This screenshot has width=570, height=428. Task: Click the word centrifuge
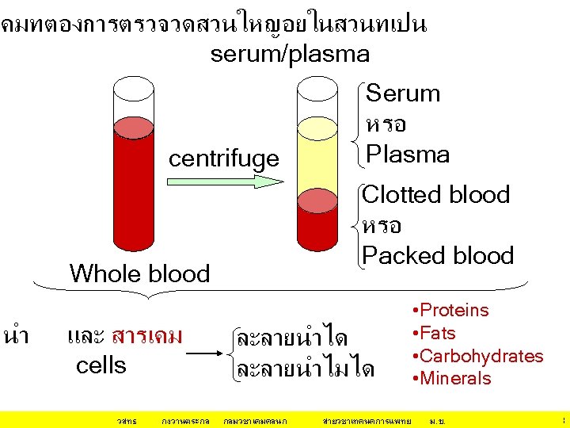pyautogui.click(x=224, y=159)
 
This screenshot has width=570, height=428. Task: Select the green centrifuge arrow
pyautogui.click(x=225, y=182)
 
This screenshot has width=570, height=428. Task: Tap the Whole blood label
pyautogui.click(x=139, y=273)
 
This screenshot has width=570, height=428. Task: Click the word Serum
pyautogui.click(x=403, y=94)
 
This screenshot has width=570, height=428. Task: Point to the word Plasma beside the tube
pyautogui.click(x=408, y=154)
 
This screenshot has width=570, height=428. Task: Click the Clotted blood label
pyautogui.click(x=436, y=194)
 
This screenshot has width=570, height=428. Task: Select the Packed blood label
pyautogui.click(x=438, y=255)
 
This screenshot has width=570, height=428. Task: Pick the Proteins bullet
pyautogui.click(x=450, y=310)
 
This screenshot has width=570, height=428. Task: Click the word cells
pyautogui.click(x=101, y=365)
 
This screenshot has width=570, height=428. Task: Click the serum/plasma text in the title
pyautogui.click(x=290, y=54)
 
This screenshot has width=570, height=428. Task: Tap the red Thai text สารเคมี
pyautogui.click(x=147, y=336)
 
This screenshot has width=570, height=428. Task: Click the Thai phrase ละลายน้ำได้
pyautogui.click(x=291, y=338)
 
